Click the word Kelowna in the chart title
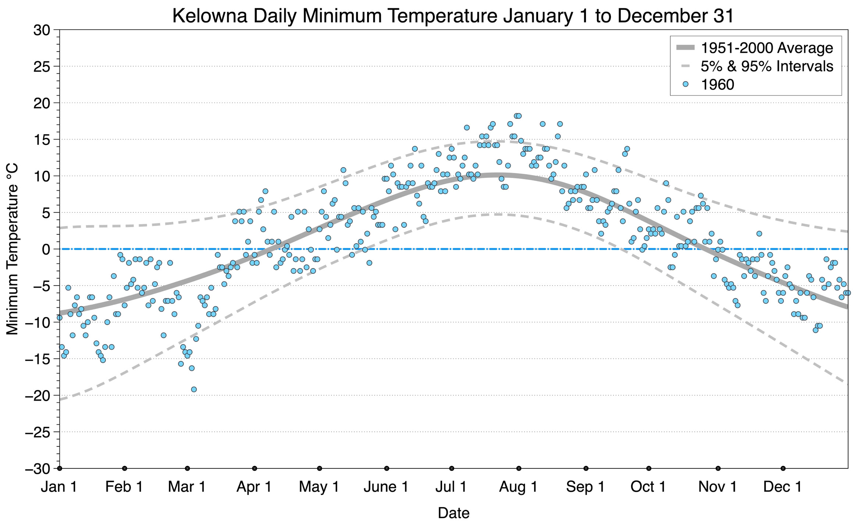click(210, 16)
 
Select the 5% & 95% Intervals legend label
click(767, 66)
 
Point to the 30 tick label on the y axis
click(42, 30)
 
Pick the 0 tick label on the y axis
click(46, 249)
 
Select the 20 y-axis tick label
click(42, 103)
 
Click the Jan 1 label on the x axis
click(59, 487)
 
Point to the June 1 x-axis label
click(386, 487)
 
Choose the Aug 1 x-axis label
click(518, 487)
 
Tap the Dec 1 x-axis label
click(783, 487)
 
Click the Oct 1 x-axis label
click(648, 487)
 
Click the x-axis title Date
click(453, 513)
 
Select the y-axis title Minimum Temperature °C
click(12, 249)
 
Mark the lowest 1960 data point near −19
click(194, 389)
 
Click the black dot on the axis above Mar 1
click(187, 468)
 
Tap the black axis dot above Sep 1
click(586, 468)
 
